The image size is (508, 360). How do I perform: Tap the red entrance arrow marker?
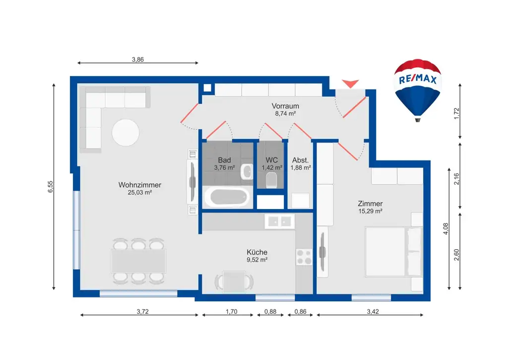(x=350, y=83)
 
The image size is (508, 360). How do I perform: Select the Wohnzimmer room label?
(x=139, y=185)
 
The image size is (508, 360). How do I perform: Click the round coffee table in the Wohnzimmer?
(x=126, y=133)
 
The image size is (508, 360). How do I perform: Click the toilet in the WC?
(x=271, y=180)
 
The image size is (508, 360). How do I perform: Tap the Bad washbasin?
(x=247, y=172)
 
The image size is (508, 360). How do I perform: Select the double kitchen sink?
(x=280, y=221)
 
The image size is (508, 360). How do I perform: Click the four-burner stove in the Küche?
(x=304, y=257)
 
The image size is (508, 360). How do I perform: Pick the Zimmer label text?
(x=370, y=204)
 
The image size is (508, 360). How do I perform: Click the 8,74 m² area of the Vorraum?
(x=285, y=114)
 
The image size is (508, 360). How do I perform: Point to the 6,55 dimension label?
(x=50, y=187)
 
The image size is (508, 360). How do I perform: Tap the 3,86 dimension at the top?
(x=138, y=60)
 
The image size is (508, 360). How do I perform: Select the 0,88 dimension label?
(x=270, y=312)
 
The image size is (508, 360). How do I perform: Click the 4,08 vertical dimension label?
(x=446, y=228)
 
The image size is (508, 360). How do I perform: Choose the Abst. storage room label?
(x=300, y=160)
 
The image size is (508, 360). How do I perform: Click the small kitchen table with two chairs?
(x=234, y=282)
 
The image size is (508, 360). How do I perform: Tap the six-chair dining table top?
(x=139, y=261)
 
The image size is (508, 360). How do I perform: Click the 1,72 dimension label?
(x=457, y=114)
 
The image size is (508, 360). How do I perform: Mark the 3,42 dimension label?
(x=373, y=312)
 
